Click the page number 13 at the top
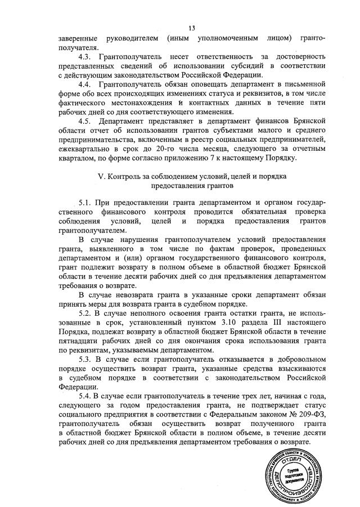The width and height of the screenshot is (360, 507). [x=191, y=28]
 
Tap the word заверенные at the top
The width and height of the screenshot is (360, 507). [x=79, y=39]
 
